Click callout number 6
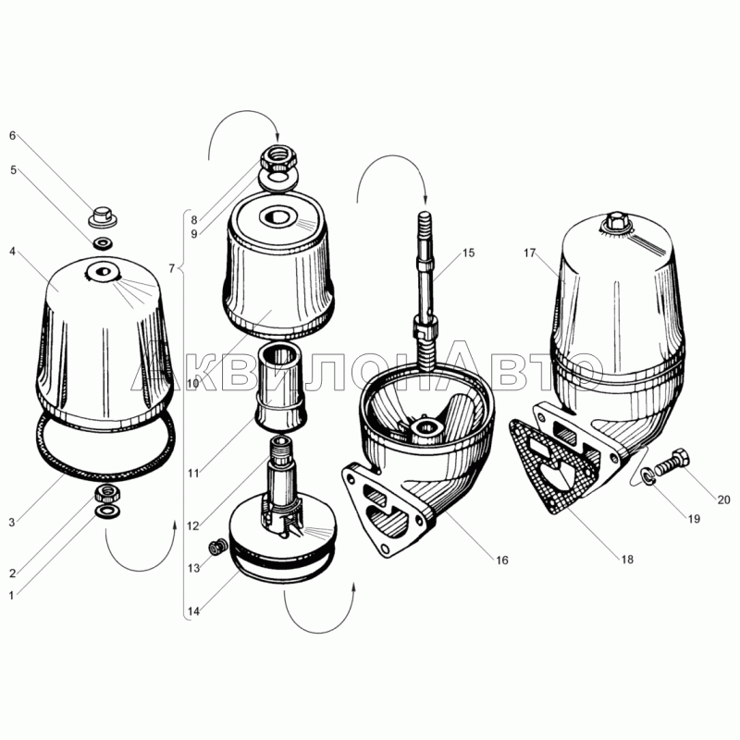coord(13,136)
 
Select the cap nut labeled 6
coord(103,216)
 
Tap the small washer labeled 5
coord(102,243)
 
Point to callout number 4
coord(13,251)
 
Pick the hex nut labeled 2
coord(108,493)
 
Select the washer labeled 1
coord(107,512)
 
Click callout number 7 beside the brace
coord(172,268)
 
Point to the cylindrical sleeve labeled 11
coord(281,388)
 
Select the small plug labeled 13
coord(217,549)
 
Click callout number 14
coord(193,611)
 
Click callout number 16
coord(501,561)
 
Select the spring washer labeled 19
coord(647,474)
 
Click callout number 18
coord(627,560)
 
